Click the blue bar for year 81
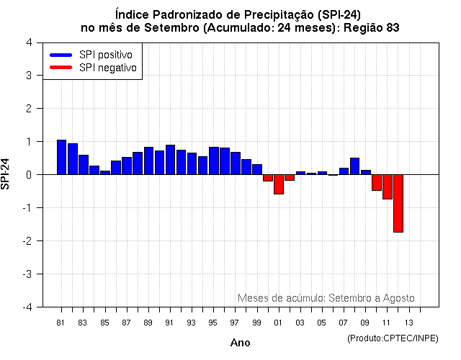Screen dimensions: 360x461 click(61, 157)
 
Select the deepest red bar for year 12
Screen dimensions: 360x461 click(398, 203)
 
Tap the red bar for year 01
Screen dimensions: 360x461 click(279, 184)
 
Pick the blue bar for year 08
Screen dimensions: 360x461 click(354, 166)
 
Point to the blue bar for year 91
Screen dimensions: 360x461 click(170, 160)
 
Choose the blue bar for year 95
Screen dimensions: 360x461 click(213, 161)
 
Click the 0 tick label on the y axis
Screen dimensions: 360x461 click(28, 175)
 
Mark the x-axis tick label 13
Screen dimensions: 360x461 click(408, 323)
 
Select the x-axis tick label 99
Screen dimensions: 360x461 click(257, 323)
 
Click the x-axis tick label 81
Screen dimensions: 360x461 click(61, 323)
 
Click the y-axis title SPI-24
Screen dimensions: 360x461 click(6, 174)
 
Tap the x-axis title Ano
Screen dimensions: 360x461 click(240, 343)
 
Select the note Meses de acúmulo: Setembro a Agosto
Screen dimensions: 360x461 click(326, 298)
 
